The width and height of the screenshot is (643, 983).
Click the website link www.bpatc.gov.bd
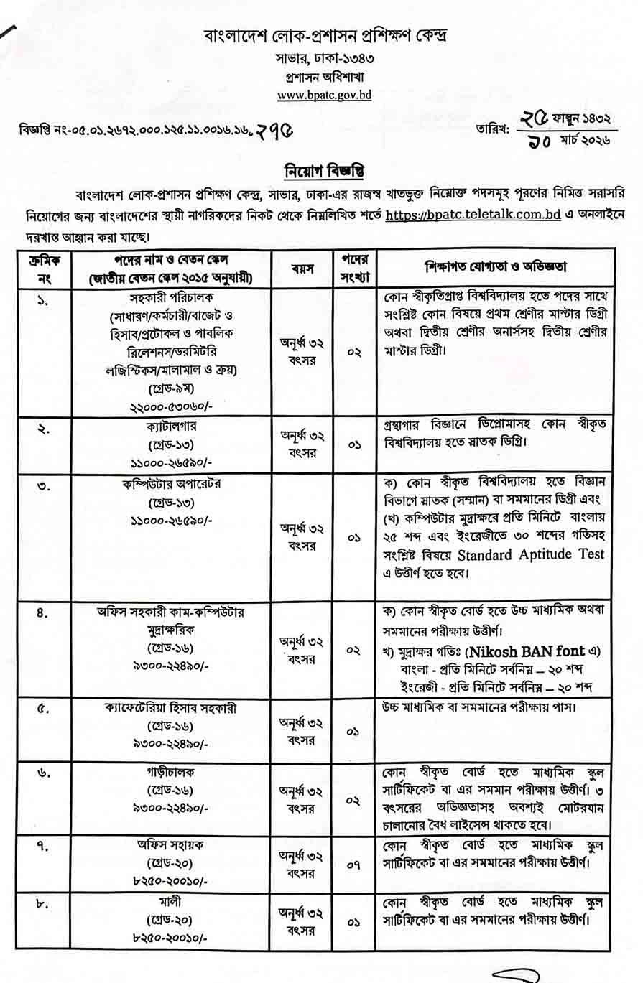pyautogui.click(x=324, y=94)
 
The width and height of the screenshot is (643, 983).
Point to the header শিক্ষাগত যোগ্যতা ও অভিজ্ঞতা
pyautogui.click(x=496, y=267)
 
